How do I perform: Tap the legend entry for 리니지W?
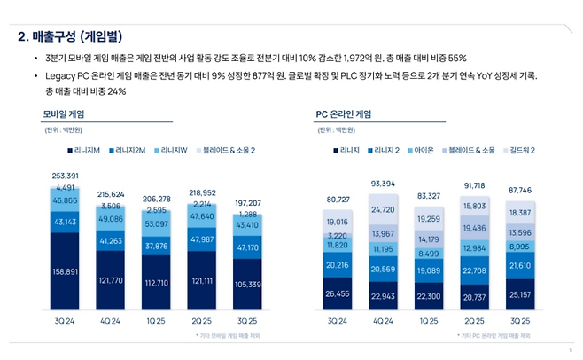[x=174, y=151]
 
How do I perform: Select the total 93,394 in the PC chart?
[x=383, y=184]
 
